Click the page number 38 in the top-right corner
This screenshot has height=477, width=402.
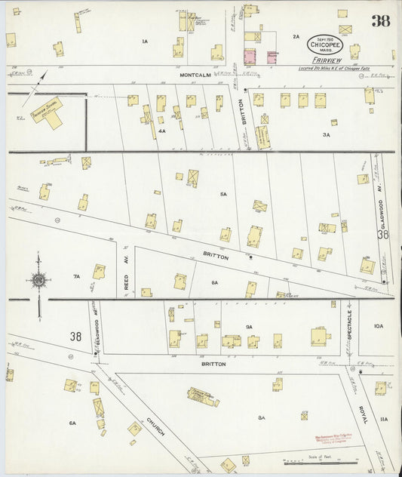coord(380,20)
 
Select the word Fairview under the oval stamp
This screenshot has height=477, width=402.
coord(322,61)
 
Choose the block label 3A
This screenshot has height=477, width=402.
coord(326,134)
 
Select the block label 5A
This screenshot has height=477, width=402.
coord(223,194)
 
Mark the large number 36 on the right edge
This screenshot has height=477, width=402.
coord(383,235)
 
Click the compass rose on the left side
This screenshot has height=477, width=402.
coord(38,281)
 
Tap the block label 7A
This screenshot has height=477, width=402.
coord(76,277)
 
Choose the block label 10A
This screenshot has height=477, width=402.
coord(378,326)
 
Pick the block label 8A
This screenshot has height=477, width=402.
coord(262,417)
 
